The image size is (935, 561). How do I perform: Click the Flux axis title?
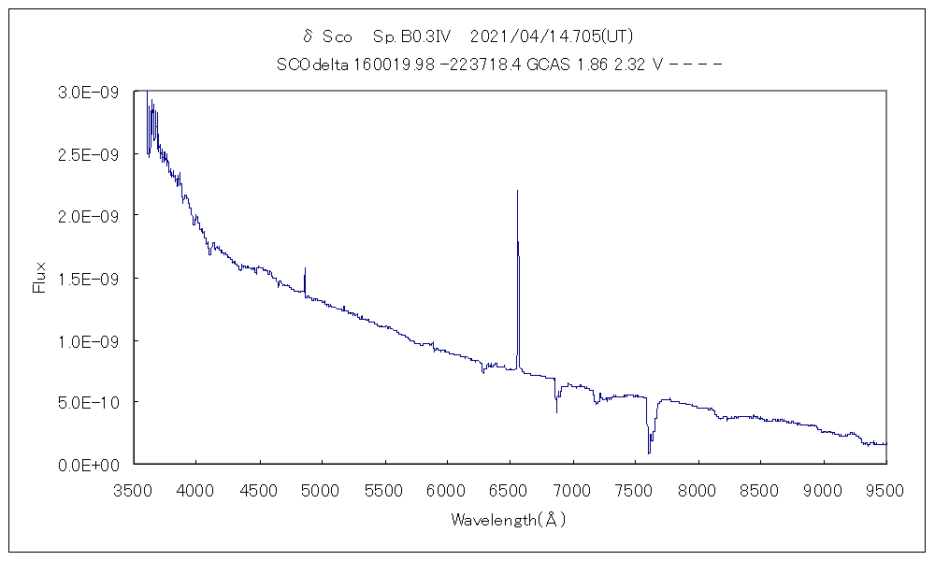pyautogui.click(x=39, y=278)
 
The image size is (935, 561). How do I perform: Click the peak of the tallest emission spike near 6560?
pyautogui.click(x=517, y=191)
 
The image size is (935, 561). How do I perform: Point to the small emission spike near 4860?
pyautogui.click(x=305, y=268)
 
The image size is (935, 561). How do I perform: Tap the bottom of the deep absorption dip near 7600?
pyautogui.click(x=648, y=453)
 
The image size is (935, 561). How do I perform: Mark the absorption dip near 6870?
pyautogui.click(x=556, y=410)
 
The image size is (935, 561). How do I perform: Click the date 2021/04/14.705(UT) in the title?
pyautogui.click(x=553, y=36)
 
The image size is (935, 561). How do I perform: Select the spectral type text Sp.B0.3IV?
pyautogui.click(x=412, y=36)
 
